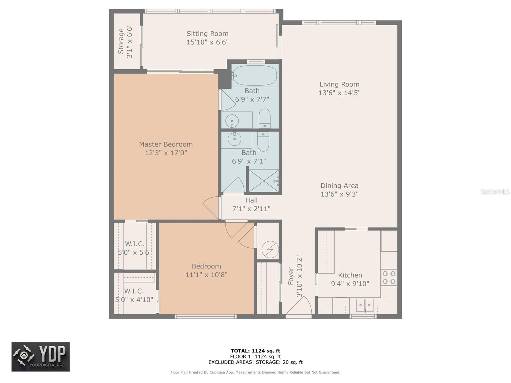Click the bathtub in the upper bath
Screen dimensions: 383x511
tap(254, 75)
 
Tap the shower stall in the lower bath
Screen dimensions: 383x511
tap(264, 181)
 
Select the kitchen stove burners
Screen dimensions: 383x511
tap(389, 277)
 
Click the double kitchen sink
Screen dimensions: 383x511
tap(365, 305)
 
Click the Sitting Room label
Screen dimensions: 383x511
tap(207, 34)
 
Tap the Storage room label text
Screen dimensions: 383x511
tap(121, 41)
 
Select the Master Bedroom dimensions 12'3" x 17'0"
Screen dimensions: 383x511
tap(166, 153)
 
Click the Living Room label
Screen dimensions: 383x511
tap(339, 84)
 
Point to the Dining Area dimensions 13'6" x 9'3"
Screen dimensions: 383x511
tap(339, 194)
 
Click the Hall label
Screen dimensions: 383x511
tap(251, 200)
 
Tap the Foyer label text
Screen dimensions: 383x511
tap(291, 276)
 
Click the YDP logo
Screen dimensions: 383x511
tap(41, 357)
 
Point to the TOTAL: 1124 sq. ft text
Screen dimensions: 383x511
tap(255, 351)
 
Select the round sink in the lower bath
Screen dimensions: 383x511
tap(234, 139)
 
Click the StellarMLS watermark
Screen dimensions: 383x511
tap(495, 191)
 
